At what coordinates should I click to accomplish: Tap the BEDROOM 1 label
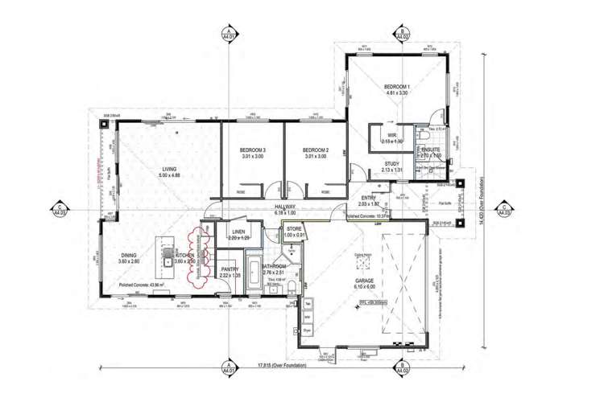tap(397, 86)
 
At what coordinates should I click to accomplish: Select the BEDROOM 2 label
tap(315, 150)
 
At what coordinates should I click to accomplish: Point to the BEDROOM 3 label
tap(253, 150)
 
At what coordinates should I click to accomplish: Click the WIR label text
tap(391, 135)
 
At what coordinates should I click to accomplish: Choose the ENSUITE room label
tap(432, 150)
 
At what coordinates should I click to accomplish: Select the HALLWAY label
tap(285, 207)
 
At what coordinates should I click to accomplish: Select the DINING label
tap(130, 256)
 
